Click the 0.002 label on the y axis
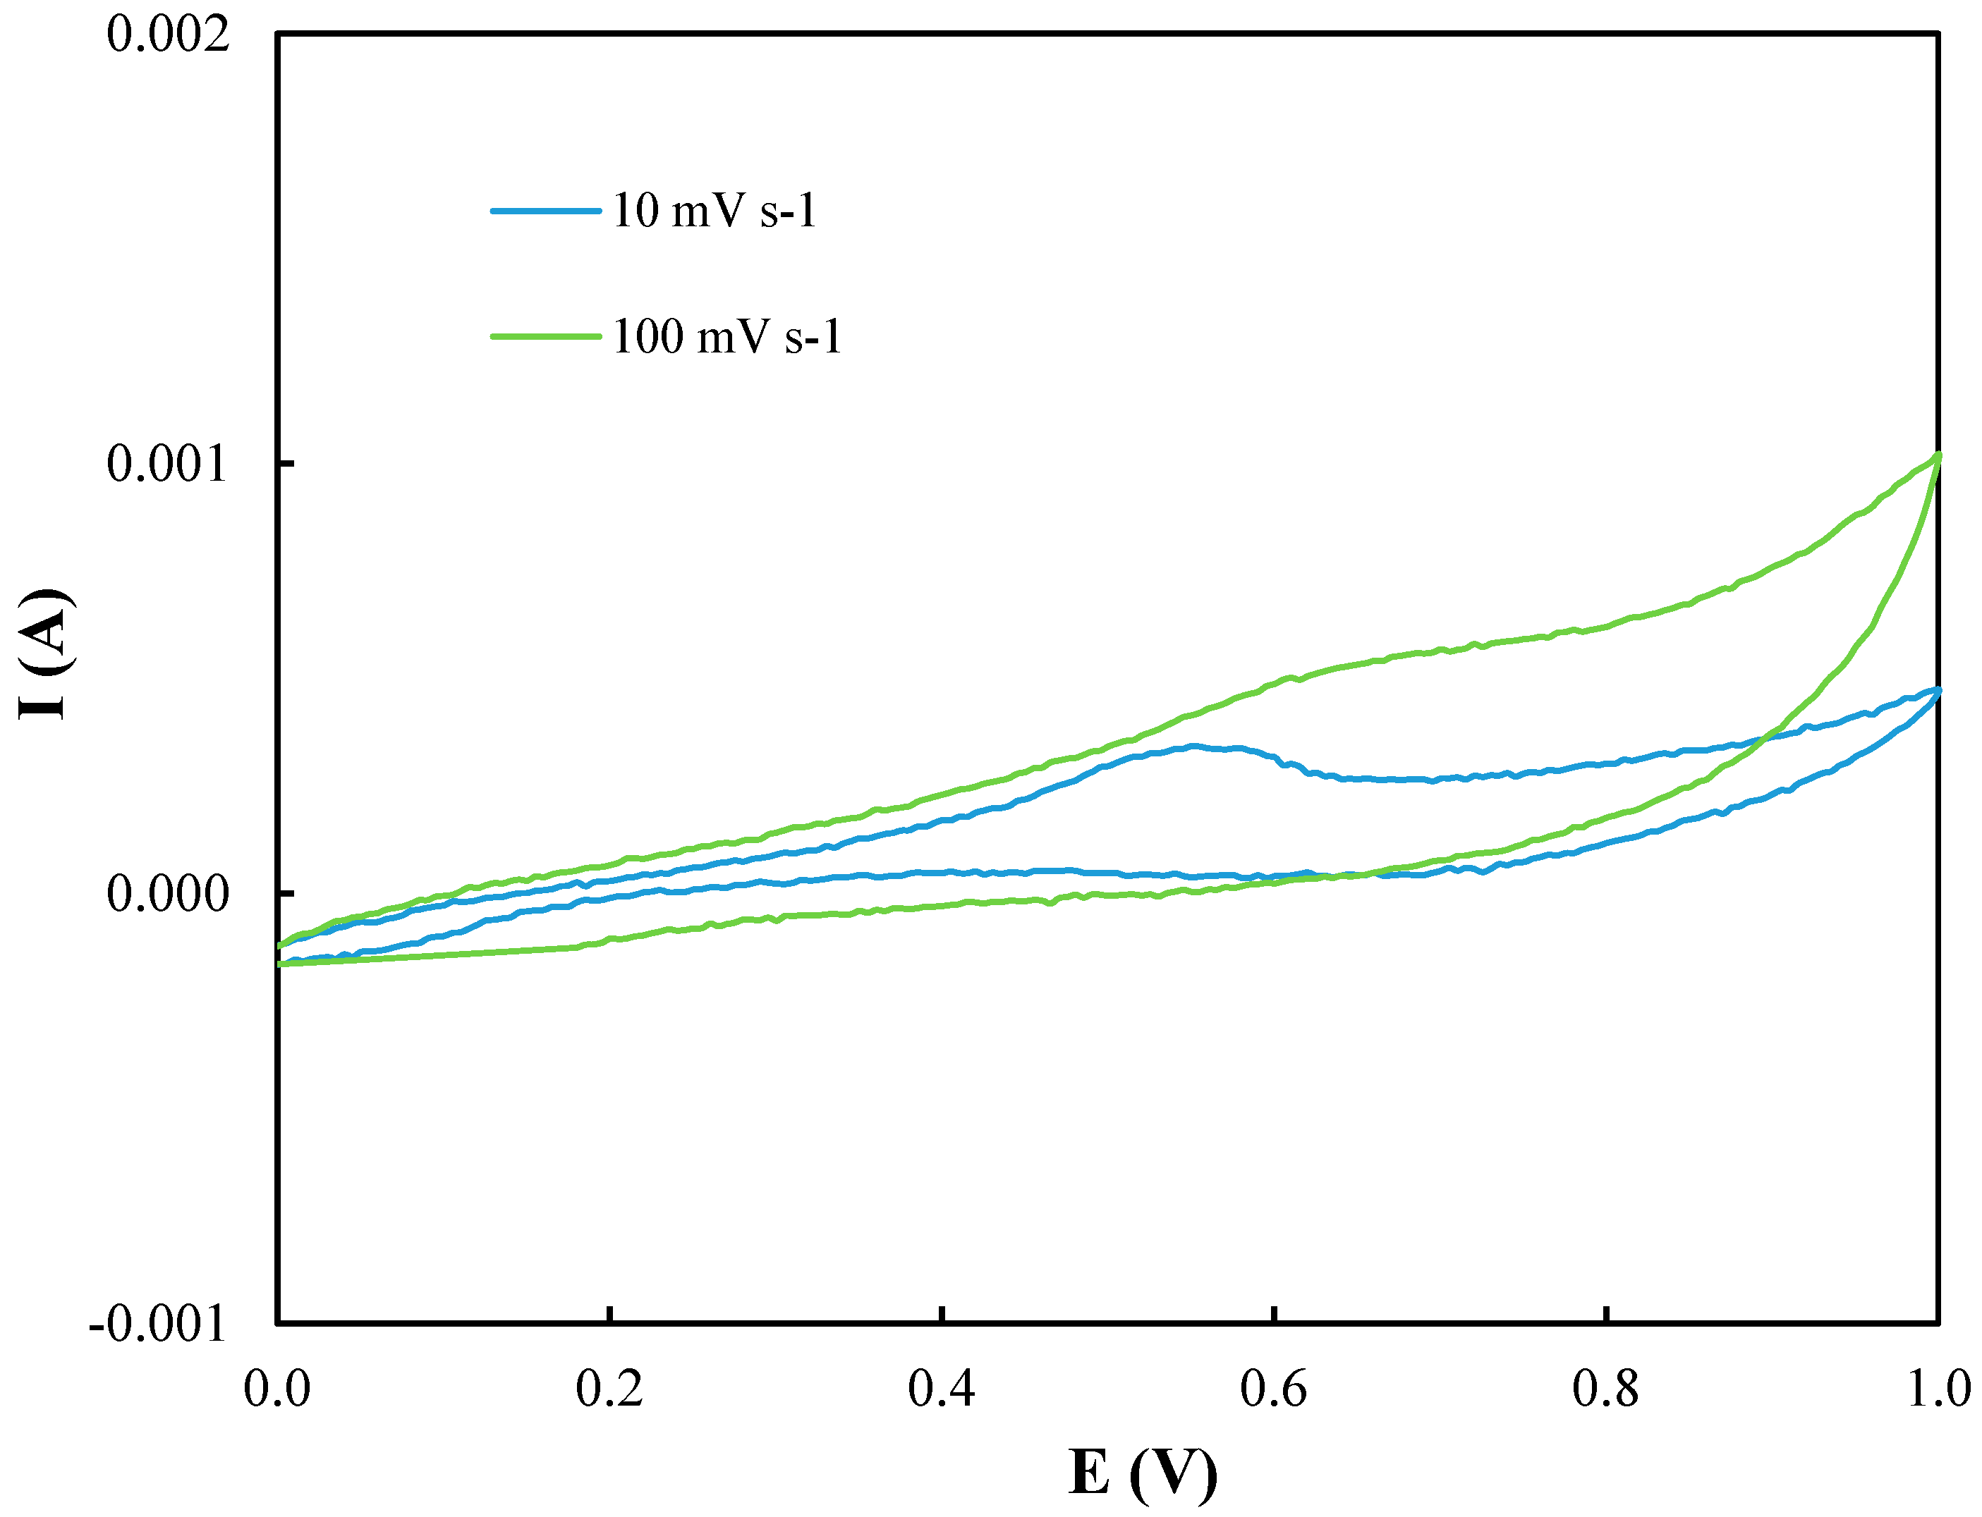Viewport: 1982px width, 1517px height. pyautogui.click(x=168, y=35)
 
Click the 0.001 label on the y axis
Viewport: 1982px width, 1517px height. pyautogui.click(x=168, y=464)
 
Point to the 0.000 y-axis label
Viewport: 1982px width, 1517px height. pyautogui.click(x=168, y=894)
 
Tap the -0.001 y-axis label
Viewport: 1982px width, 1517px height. pyautogui.click(x=159, y=1324)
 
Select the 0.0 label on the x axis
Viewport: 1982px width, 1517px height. pyautogui.click(x=277, y=1388)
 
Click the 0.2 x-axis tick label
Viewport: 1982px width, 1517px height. pyautogui.click(x=610, y=1388)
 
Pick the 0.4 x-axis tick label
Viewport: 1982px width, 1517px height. pyautogui.click(x=942, y=1388)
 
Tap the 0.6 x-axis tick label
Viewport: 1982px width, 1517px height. pyautogui.click(x=1274, y=1388)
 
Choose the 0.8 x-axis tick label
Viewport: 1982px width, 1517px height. pyautogui.click(x=1605, y=1388)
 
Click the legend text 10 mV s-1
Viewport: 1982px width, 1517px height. pyautogui.click(x=715, y=211)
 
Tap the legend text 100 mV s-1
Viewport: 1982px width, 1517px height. pyautogui.click(x=727, y=337)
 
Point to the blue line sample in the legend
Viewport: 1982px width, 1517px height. pyautogui.click(x=546, y=211)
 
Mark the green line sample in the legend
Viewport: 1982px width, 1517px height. pyautogui.click(x=546, y=337)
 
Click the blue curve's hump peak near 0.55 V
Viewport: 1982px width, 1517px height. pyautogui.click(x=1194, y=746)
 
